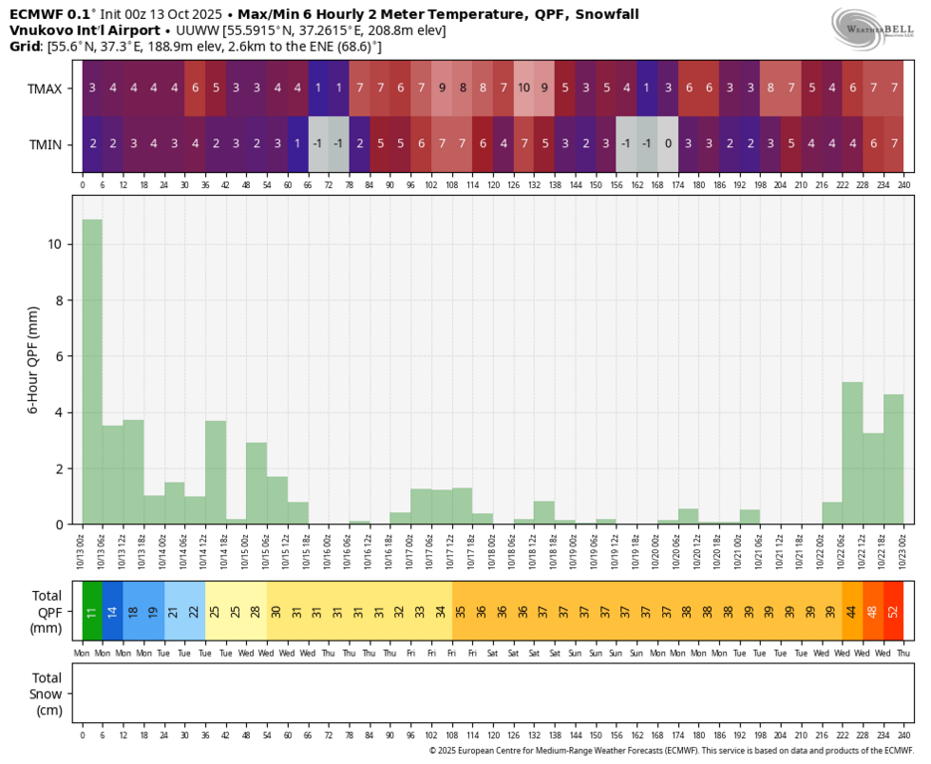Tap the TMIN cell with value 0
tap(668, 143)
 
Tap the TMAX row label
tap(45, 89)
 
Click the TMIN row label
tap(45, 144)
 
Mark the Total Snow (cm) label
tap(48, 693)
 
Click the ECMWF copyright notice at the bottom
tap(671, 751)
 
